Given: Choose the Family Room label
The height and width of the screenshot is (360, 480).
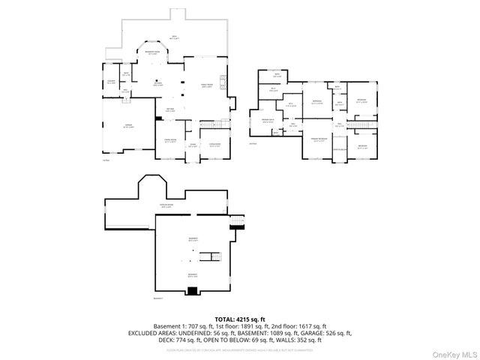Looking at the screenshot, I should (206, 86).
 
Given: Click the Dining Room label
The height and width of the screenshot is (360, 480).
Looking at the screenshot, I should (170, 142).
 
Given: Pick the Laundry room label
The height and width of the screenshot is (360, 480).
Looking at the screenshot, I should (110, 82).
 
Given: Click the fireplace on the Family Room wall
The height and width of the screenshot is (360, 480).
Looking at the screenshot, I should (223, 82).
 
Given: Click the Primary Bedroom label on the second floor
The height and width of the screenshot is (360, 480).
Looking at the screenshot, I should (318, 140).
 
